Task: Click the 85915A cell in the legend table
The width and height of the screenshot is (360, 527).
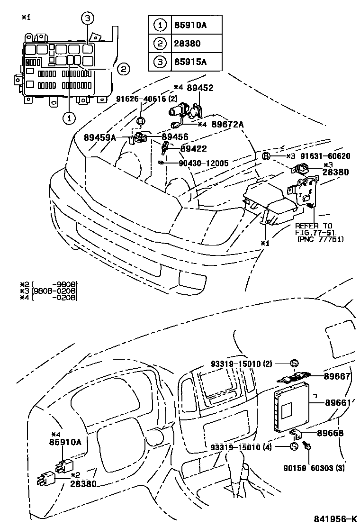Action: pyautogui.click(x=190, y=62)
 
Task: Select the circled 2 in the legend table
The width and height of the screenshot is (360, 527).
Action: pyautogui.click(x=160, y=43)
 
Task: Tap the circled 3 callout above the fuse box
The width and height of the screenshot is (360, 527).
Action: pyautogui.click(x=87, y=19)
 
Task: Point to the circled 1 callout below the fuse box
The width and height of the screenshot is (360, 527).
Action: pyautogui.click(x=70, y=118)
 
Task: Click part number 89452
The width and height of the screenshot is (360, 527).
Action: pyautogui.click(x=200, y=88)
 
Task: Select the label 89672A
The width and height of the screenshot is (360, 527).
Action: pyautogui.click(x=227, y=124)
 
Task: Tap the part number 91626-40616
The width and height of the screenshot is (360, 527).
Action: pyautogui.click(x=141, y=99)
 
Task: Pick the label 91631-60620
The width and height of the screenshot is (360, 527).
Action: pyautogui.click(x=325, y=156)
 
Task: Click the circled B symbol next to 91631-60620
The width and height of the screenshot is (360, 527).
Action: pyautogui.click(x=266, y=156)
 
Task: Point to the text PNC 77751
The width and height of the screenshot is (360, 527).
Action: pyautogui.click(x=321, y=239)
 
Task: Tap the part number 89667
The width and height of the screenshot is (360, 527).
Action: pyautogui.click(x=337, y=376)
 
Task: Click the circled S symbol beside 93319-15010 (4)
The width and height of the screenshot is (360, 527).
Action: pyautogui.click(x=294, y=447)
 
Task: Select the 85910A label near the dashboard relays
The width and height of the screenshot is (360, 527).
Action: pyautogui.click(x=65, y=442)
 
